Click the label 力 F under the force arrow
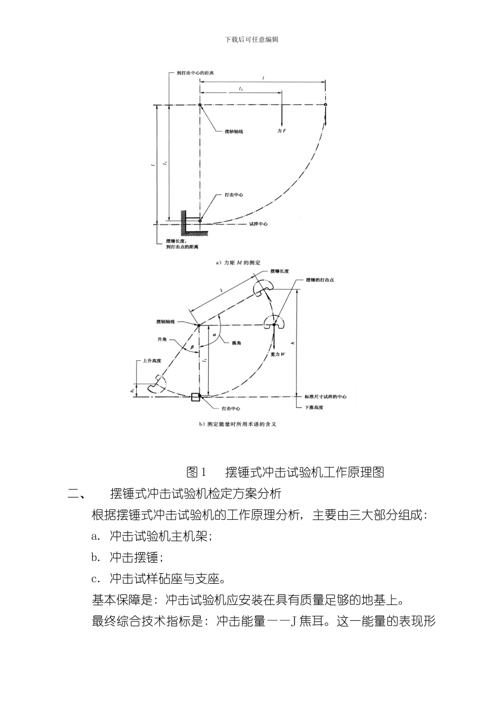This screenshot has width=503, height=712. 281,130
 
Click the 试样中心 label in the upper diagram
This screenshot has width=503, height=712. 258,224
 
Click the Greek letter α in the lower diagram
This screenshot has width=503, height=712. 214,335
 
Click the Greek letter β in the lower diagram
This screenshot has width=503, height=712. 192,347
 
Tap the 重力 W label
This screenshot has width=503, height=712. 278,353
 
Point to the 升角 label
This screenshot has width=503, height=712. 162,339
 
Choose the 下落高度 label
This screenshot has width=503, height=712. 313,407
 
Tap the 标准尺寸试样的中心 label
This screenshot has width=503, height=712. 325,397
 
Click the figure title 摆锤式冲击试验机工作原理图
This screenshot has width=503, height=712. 304,472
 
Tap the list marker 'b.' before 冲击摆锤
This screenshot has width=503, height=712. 96,557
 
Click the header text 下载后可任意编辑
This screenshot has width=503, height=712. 251,39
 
